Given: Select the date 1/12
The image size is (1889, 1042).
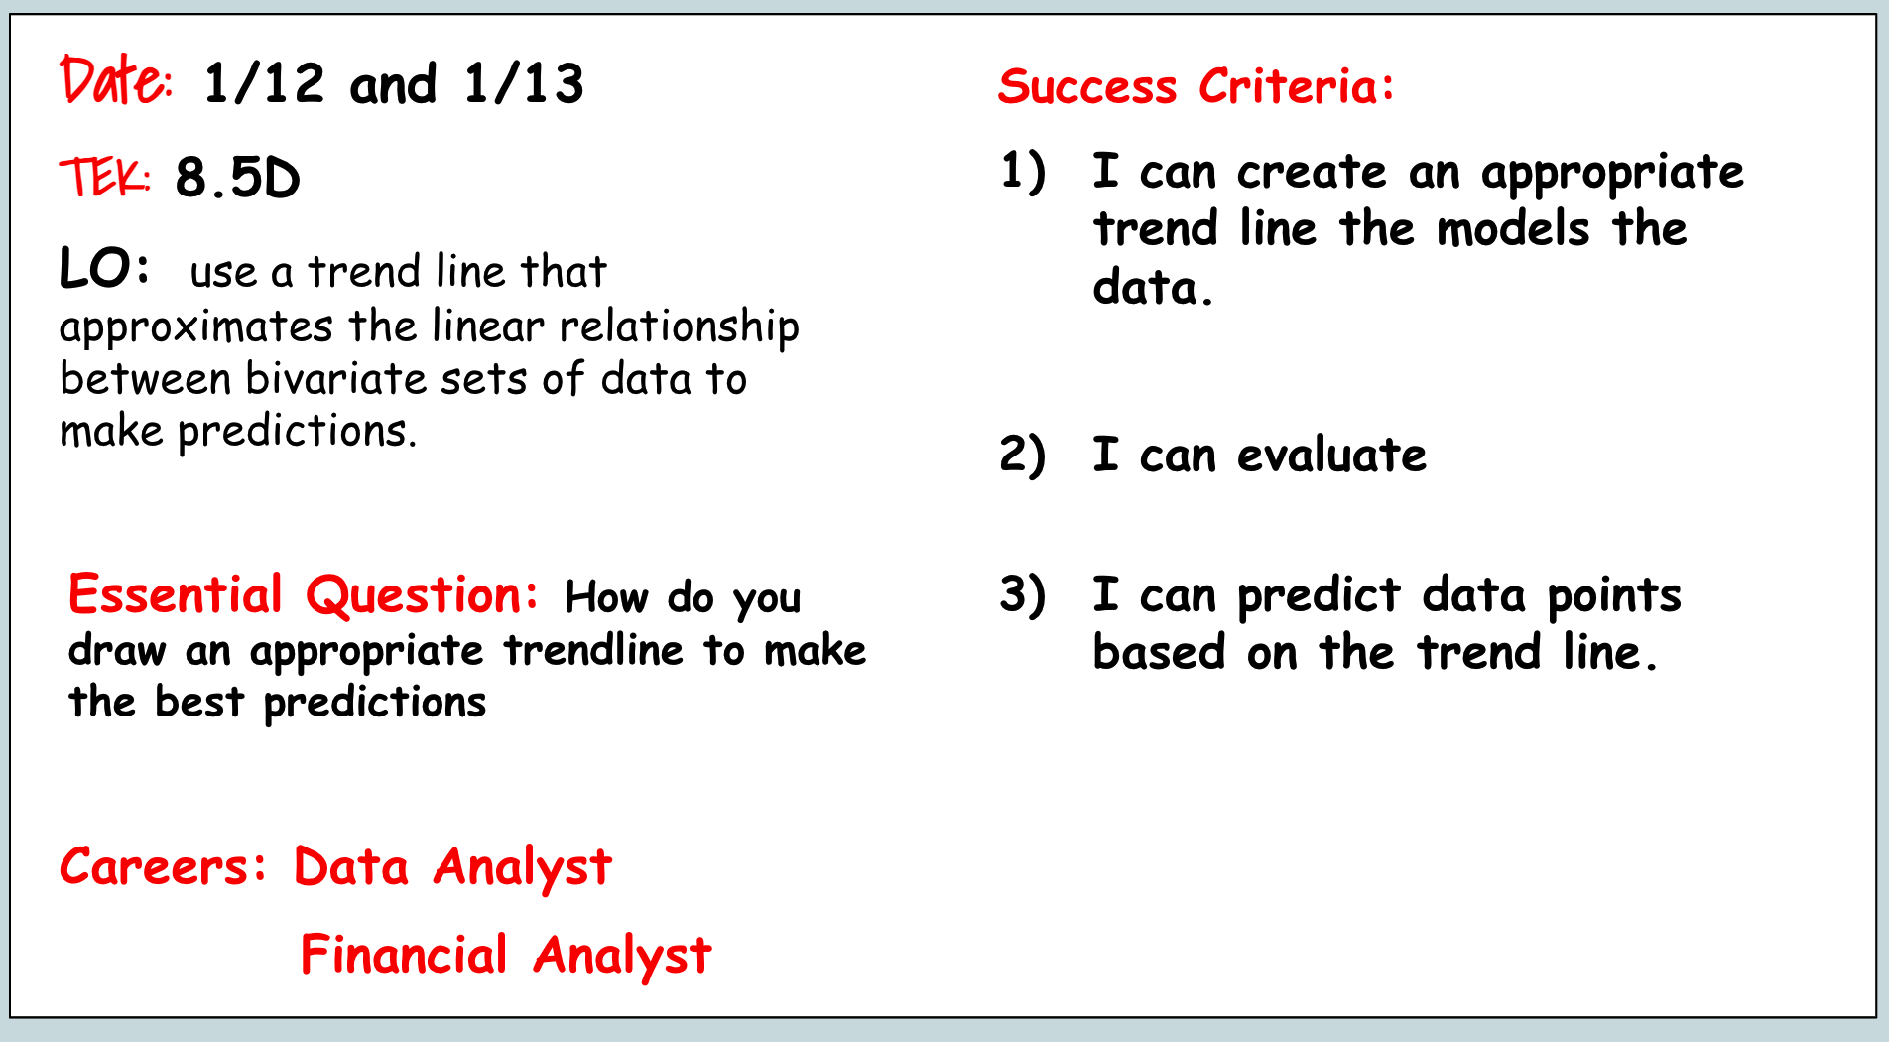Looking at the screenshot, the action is [x=264, y=83].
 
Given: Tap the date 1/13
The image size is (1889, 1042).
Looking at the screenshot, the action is [x=524, y=83].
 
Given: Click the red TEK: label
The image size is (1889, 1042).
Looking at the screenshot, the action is [x=105, y=178].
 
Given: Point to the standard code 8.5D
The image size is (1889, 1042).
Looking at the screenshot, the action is [x=237, y=179].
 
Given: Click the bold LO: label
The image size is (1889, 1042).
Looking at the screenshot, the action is [x=104, y=268].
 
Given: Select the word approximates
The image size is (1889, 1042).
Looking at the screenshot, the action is [x=196, y=328].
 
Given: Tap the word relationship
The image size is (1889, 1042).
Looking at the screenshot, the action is [x=680, y=328].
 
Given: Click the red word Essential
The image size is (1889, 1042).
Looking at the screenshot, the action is [x=176, y=594].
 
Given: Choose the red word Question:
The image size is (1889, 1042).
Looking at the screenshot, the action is [x=423, y=596].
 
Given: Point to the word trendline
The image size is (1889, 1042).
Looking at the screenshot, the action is [x=593, y=650].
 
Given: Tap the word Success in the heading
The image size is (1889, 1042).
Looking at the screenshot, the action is [x=1087, y=86].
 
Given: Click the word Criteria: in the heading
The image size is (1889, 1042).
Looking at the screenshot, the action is [x=1297, y=86].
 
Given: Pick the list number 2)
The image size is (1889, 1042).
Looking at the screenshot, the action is [x=1023, y=456].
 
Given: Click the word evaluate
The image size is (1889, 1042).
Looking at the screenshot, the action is [x=1332, y=456].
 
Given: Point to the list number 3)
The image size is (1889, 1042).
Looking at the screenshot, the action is [x=1023, y=595].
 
